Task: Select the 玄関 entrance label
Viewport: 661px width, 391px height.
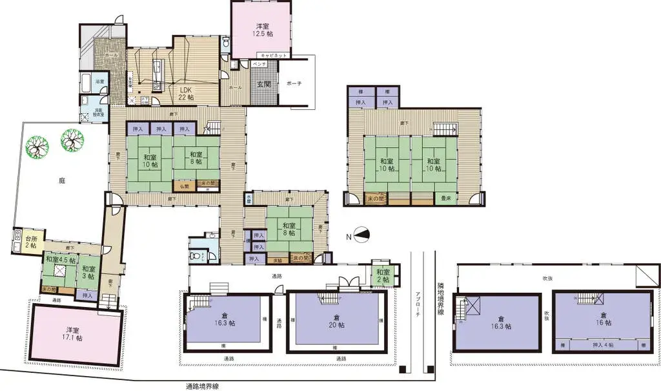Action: coord(264,85)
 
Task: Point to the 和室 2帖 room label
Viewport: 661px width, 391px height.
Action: coord(383,276)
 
